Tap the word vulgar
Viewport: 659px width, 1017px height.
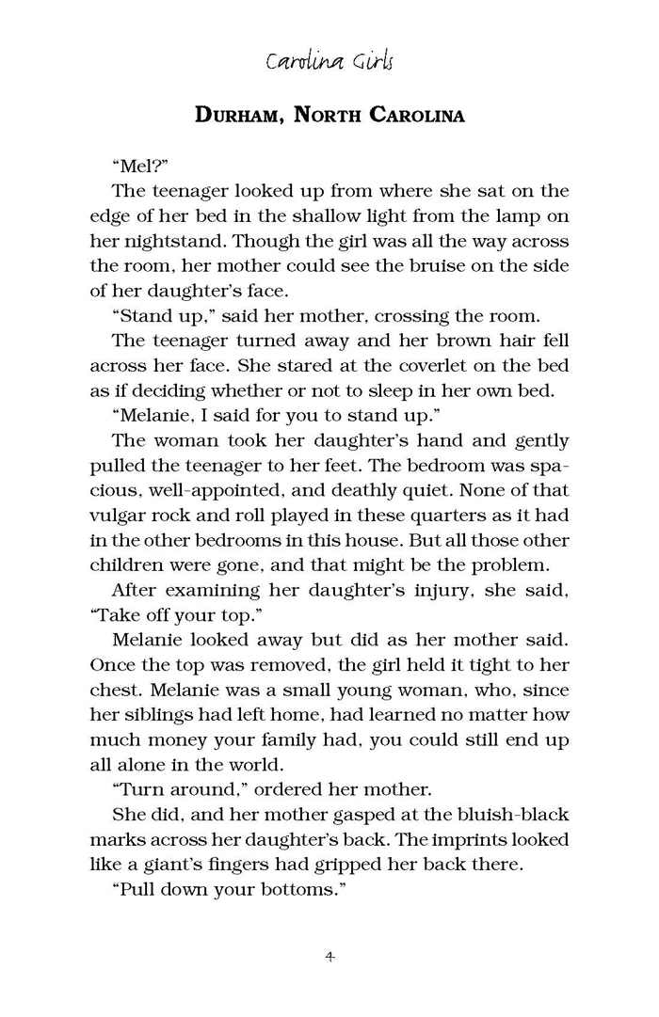coord(118,515)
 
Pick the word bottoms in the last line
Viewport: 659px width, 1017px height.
coord(290,889)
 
